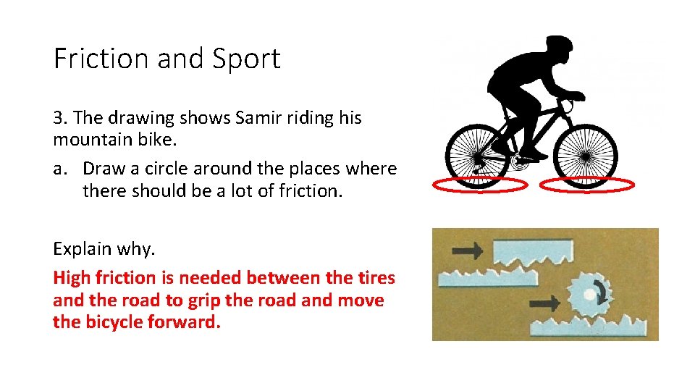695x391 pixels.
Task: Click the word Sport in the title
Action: (246, 59)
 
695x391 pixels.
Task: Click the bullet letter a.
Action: (60, 169)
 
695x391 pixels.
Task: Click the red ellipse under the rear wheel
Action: (479, 186)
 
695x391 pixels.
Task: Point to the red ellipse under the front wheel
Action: (587, 186)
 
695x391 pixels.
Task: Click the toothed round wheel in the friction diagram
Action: (589, 293)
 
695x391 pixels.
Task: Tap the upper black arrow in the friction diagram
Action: (467, 251)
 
